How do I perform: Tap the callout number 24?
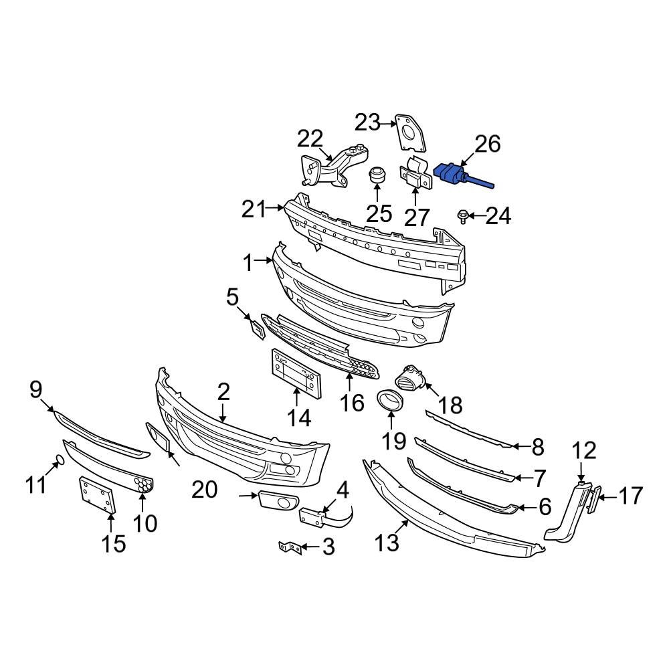498,215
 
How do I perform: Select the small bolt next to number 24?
462,216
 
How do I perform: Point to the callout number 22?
310,139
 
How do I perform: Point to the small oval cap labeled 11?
58,460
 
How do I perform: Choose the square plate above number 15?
98,495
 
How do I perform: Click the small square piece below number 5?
257,328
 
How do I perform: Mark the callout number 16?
352,403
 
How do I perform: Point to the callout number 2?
223,392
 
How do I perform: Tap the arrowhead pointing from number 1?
272,263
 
